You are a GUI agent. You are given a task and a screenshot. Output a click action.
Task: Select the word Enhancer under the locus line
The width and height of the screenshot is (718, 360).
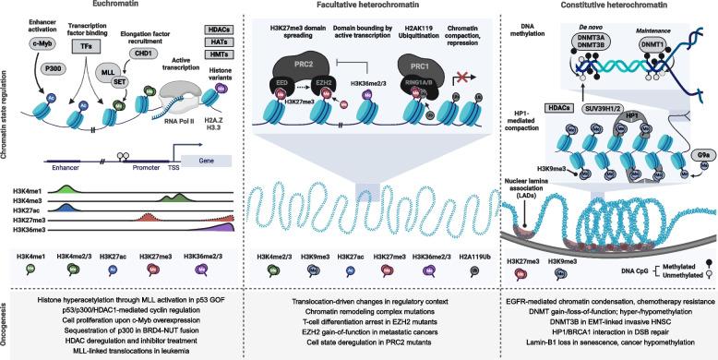coord(66,172)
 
